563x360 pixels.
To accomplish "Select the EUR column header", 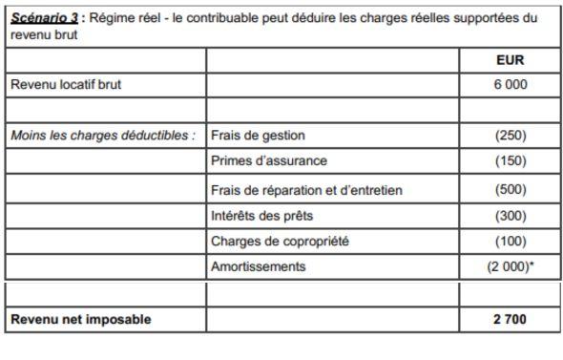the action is click(511, 59).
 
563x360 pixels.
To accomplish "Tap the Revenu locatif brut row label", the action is click(66, 84).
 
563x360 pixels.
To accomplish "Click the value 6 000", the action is click(511, 84).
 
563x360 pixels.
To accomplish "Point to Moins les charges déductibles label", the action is click(103, 136).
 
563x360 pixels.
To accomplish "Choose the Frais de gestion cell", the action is click(258, 136).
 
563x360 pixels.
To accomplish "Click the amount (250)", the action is click(511, 136).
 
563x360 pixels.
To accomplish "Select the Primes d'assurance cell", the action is click(268, 160).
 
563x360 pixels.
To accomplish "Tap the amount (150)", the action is click(511, 160).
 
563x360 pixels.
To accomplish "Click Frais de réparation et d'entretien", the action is click(305, 189).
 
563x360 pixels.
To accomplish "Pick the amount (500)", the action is click(511, 189).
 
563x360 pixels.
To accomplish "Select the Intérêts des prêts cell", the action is click(261, 215).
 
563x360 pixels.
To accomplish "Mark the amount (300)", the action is click(511, 215).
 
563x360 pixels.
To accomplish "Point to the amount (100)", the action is click(511, 241).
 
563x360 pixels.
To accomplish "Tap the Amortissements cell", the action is click(258, 266).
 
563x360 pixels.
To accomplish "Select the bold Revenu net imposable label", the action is click(80, 319).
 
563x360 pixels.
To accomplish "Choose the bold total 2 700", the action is click(511, 319).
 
